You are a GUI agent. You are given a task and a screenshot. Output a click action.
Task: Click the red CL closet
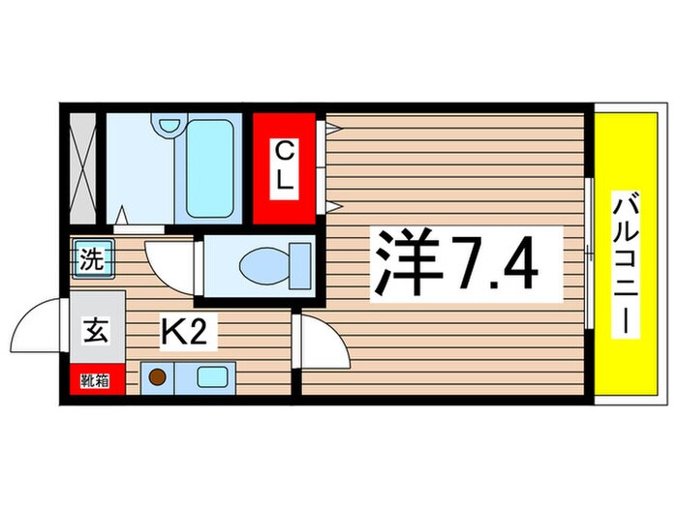click(285, 167)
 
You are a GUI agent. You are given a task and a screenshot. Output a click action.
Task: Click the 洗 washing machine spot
click(90, 258)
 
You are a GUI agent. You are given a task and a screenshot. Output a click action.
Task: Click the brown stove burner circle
click(156, 376)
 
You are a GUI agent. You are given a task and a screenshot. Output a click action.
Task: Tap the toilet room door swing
click(171, 266)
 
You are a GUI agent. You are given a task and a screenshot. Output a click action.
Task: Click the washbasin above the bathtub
click(170, 125)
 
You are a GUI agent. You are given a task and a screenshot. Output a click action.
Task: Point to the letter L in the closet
click(286, 181)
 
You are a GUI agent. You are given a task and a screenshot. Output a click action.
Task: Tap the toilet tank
click(299, 262)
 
